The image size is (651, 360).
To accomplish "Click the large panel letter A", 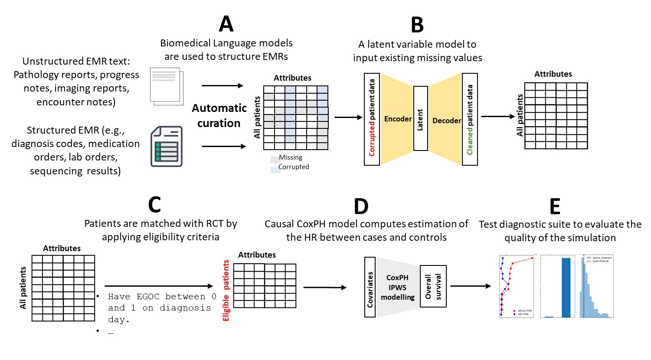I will point(226,24).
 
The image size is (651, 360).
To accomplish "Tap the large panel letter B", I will point(417,25).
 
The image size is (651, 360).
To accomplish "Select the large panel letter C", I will point(154,205).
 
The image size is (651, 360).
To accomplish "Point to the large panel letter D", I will point(361,206).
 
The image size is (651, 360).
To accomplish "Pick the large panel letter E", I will point(555,206).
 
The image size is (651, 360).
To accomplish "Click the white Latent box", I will point(420,118).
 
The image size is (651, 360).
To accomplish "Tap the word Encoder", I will point(398,119).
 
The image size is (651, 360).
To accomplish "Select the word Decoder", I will point(446,121).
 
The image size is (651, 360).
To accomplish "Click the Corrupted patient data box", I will point(372,119).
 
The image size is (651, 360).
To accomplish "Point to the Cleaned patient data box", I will point(470,119).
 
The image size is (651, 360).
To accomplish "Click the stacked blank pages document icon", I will point(167,86).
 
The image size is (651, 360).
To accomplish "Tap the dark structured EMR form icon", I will point(167,147).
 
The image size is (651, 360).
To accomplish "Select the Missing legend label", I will point(291,157).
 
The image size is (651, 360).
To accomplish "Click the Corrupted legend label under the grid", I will point(294,167).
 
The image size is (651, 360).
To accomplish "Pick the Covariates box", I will point(370,287).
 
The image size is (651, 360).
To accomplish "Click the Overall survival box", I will point(433,286).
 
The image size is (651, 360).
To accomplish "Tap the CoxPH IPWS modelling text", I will point(398,287).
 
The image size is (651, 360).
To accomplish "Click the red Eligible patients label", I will point(226,291).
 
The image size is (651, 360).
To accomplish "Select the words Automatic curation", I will point(219,115).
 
